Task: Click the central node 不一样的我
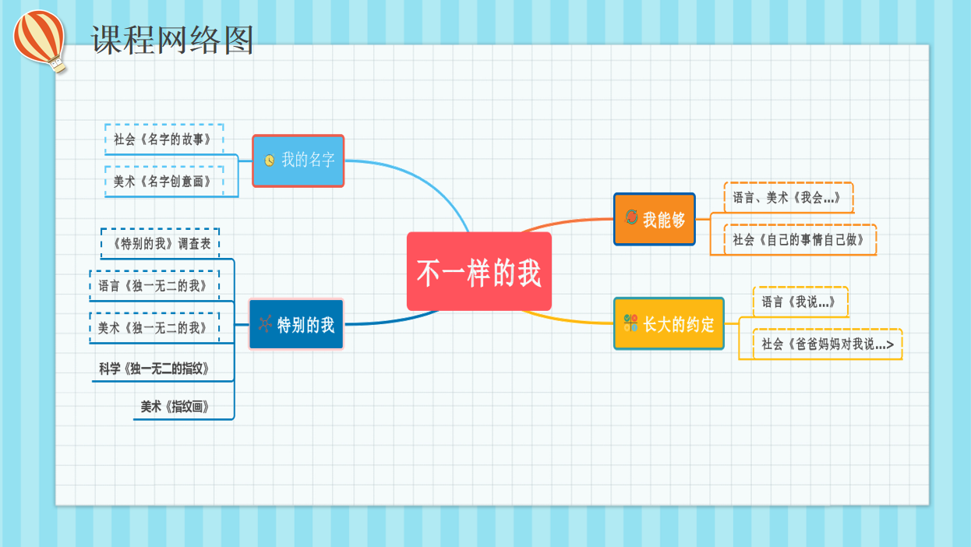pos(479,272)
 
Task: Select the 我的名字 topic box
pos(298,161)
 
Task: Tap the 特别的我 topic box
pos(296,324)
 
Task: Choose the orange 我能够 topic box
pos(655,219)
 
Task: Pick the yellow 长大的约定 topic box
pos(669,323)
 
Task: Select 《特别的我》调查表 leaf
pos(160,244)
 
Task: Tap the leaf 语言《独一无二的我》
pos(154,286)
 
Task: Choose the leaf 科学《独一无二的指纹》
pos(154,369)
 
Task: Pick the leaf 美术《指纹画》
pos(175,407)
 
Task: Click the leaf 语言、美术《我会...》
pos(789,198)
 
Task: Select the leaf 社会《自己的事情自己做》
pos(800,240)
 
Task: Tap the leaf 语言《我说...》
pos(800,302)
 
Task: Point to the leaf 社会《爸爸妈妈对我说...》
pos(828,344)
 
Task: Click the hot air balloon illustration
pos(40,41)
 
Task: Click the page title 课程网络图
pos(172,40)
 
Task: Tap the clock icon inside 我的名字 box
pos(269,161)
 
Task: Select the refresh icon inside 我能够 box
pos(631,217)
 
